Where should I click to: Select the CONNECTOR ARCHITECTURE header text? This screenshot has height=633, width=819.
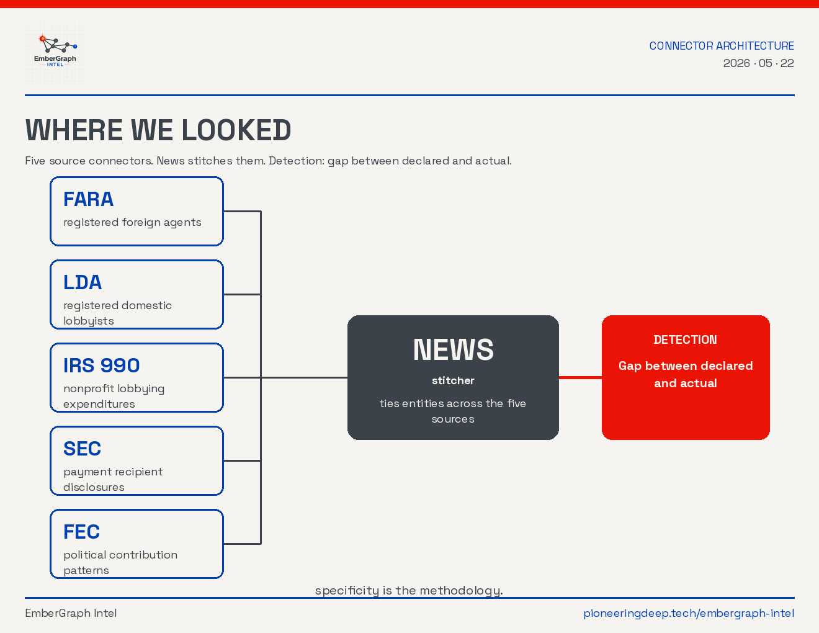722,46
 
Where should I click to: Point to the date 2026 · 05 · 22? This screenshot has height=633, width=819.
758,63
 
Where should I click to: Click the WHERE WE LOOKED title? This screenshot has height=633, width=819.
158,130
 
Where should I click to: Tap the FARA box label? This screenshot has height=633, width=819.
88,199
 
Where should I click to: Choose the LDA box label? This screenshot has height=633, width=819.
83,282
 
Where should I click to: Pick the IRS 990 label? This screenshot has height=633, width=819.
101,366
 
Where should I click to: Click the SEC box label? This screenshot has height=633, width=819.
82,448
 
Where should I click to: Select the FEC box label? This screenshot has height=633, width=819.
81,532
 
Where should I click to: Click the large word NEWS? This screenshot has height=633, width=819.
453,349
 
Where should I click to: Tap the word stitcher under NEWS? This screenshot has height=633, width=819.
453,380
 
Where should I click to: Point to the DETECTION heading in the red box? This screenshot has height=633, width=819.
685,339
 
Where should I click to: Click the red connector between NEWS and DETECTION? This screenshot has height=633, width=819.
580,377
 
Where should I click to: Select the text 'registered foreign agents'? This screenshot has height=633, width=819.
132,222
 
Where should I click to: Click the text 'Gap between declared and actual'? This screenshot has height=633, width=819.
686,374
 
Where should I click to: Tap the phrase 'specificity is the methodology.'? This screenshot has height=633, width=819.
409,590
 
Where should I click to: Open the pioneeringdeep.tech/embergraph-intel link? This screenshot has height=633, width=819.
689,613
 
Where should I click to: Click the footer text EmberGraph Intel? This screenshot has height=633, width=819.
71,613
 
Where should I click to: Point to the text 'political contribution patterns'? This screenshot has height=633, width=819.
120,562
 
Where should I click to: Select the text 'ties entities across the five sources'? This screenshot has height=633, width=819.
453,411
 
